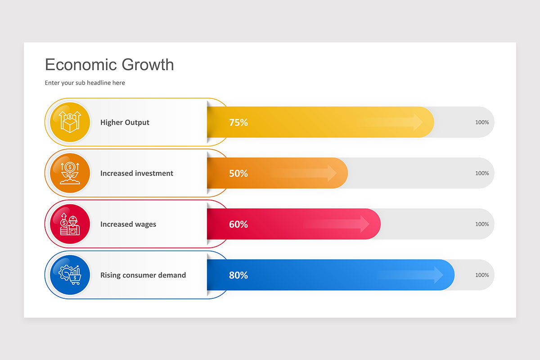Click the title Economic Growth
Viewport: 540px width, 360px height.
(109, 65)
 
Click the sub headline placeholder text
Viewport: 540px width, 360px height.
(85, 83)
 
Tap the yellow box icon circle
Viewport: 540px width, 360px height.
(70, 122)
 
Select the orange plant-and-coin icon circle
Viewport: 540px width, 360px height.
(70, 173)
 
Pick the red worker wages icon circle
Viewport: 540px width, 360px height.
(70, 224)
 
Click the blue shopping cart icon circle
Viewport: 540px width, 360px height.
(70, 275)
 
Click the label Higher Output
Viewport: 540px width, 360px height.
(125, 122)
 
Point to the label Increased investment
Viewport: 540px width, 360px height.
(136, 173)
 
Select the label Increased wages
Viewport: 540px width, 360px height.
(128, 224)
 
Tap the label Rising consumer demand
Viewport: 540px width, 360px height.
(143, 275)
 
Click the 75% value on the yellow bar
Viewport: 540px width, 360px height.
(238, 122)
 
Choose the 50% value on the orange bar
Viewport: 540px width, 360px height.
(238, 173)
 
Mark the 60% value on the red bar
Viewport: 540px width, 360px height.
(238, 224)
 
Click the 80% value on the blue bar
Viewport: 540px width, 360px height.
(238, 275)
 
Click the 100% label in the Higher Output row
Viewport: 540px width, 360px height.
(482, 122)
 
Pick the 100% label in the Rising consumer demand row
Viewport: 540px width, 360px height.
(482, 275)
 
